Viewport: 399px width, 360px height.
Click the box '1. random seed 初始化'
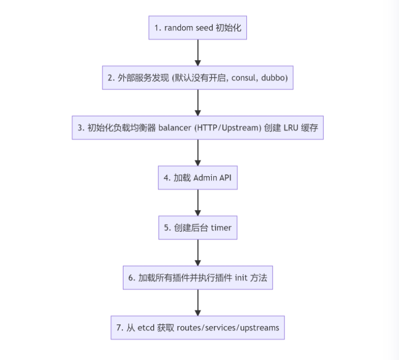pos(197,28)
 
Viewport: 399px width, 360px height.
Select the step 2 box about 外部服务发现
pos(197,78)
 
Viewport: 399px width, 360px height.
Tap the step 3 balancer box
pos(197,127)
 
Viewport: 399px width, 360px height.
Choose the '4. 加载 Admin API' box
pos(197,178)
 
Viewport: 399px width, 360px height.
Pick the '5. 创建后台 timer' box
pos(197,228)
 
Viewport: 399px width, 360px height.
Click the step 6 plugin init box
pos(197,278)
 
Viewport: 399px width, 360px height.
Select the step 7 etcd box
pos(197,328)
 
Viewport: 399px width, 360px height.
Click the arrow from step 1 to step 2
pos(198,52)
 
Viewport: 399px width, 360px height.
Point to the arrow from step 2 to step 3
pos(198,102)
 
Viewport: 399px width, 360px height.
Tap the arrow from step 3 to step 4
pos(198,153)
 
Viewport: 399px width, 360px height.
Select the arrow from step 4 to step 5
pos(198,203)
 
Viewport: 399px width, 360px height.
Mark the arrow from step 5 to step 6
pos(198,253)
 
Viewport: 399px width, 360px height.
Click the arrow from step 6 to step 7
pos(198,303)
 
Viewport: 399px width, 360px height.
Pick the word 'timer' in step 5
pos(221,228)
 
